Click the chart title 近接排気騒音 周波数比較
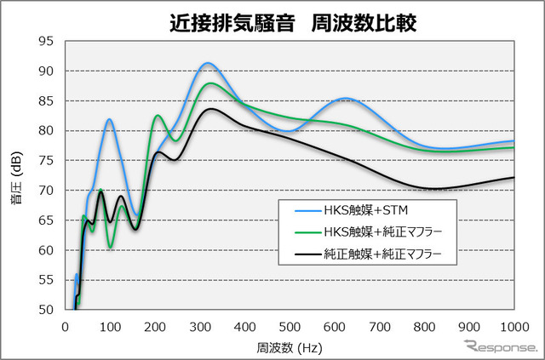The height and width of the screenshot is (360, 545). (293, 23)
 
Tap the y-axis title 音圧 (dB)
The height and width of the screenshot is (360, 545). (16, 177)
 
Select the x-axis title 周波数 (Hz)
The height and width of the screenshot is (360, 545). (290, 347)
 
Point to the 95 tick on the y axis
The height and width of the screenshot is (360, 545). (46, 42)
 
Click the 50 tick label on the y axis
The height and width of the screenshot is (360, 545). (46, 310)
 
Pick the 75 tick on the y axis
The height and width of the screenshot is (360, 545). (46, 161)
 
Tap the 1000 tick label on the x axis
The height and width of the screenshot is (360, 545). (514, 327)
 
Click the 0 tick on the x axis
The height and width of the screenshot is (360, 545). (65, 327)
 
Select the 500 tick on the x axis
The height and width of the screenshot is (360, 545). (290, 327)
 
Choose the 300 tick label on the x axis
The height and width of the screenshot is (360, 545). (200, 327)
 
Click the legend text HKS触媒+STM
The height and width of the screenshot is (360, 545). (366, 210)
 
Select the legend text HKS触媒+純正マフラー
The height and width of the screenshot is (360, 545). (383, 231)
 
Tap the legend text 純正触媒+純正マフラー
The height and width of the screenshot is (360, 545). (382, 254)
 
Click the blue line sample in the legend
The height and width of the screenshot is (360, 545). (307, 210)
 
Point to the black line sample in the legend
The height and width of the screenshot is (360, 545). (307, 254)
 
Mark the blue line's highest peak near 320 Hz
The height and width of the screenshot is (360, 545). (208, 63)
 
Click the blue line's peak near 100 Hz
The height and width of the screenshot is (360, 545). (110, 119)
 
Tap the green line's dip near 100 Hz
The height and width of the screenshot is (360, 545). (110, 248)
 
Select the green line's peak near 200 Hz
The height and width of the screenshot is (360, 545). (158, 115)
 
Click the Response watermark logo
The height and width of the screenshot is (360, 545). (502, 346)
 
